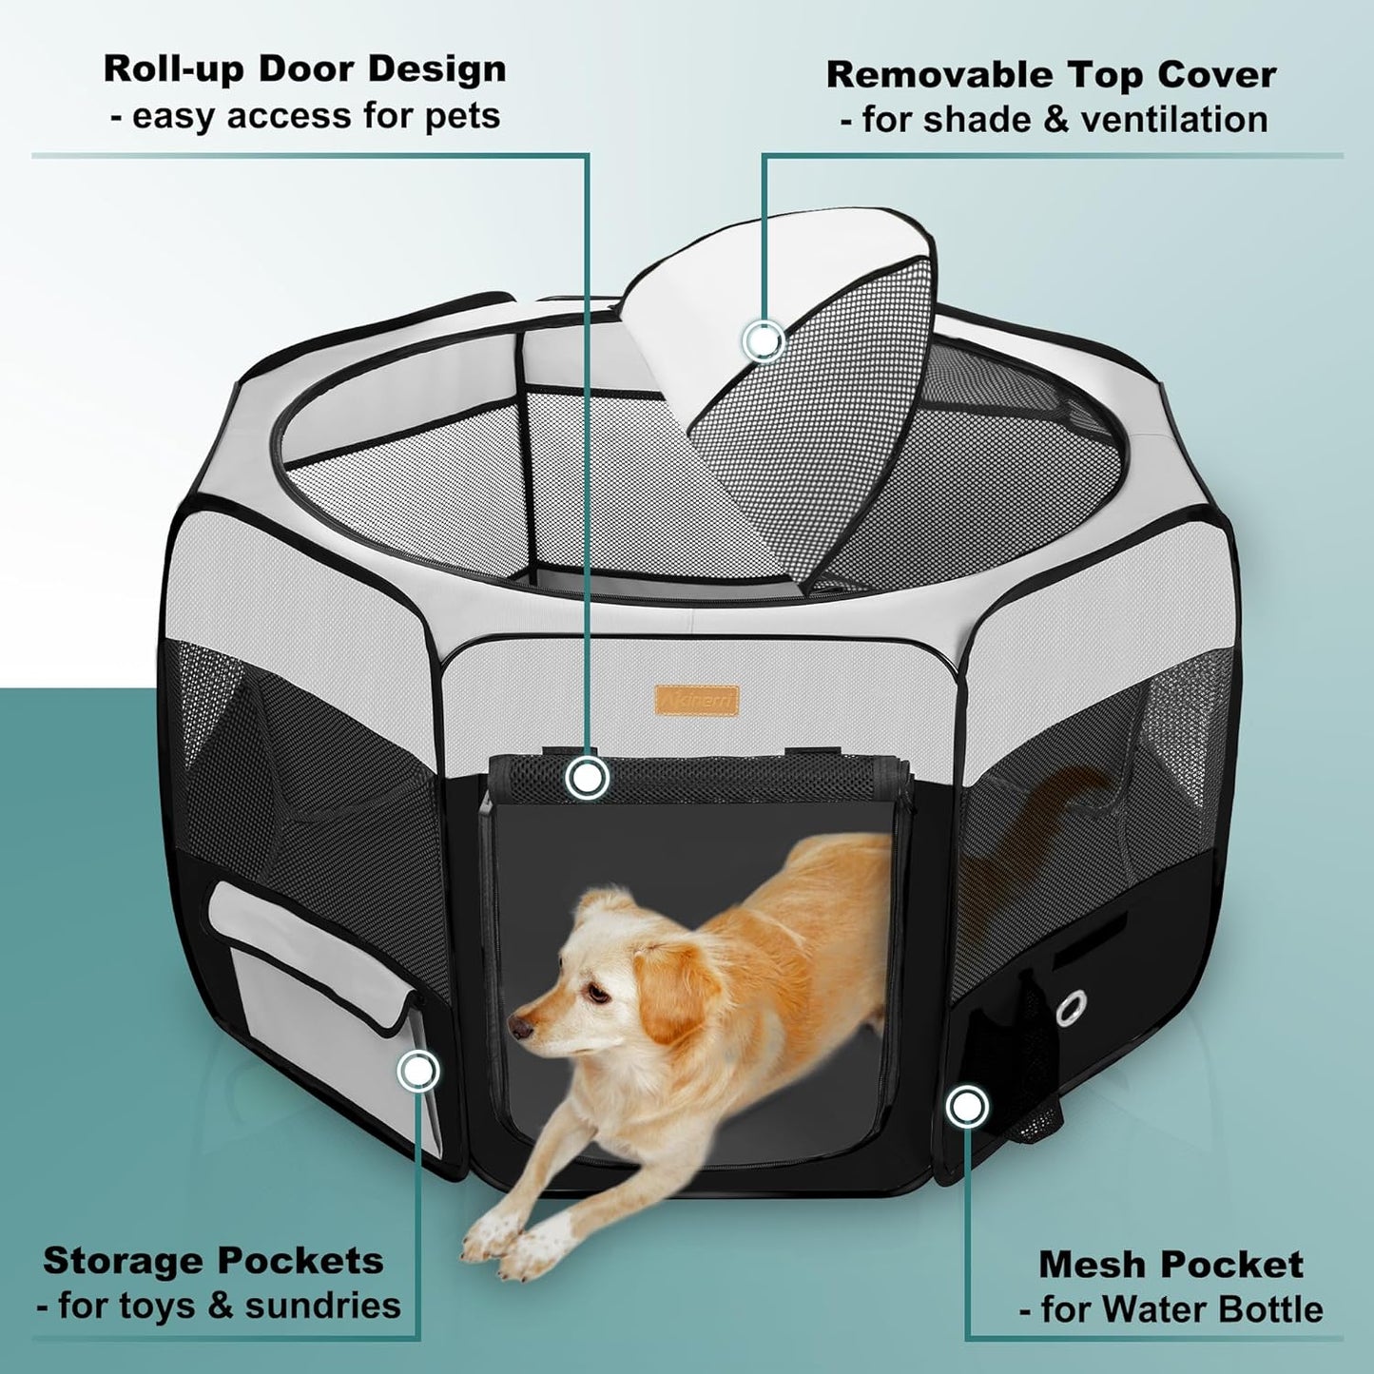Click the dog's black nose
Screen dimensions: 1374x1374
pyautogui.click(x=518, y=1028)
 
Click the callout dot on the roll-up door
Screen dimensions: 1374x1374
pyautogui.click(x=587, y=778)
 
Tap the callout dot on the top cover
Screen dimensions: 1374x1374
pyautogui.click(x=764, y=339)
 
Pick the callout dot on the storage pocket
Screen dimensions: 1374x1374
pyautogui.click(x=417, y=1071)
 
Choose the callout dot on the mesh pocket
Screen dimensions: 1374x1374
pyautogui.click(x=967, y=1107)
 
